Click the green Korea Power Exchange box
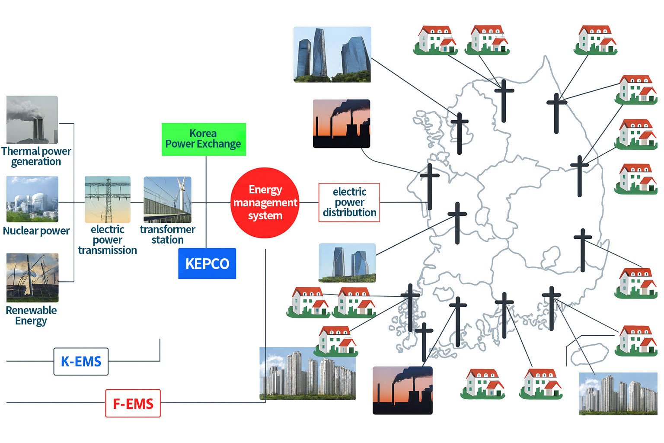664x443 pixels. pyautogui.click(x=204, y=139)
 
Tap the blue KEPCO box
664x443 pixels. pyautogui.click(x=207, y=263)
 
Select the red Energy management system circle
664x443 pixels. pyautogui.click(x=265, y=202)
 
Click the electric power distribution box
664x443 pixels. pyautogui.click(x=349, y=202)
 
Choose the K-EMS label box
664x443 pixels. pyautogui.click(x=81, y=361)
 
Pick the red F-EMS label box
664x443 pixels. pyautogui.click(x=133, y=403)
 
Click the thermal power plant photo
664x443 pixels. pyautogui.click(x=32, y=120)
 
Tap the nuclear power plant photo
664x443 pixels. pyautogui.click(x=32, y=199)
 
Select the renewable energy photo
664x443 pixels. pyautogui.click(x=32, y=278)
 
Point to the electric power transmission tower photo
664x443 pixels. pyautogui.click(x=107, y=199)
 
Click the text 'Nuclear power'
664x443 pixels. pyautogui.click(x=36, y=231)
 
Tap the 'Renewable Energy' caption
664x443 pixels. pyautogui.click(x=31, y=315)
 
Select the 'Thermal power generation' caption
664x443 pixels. pyautogui.click(x=36, y=156)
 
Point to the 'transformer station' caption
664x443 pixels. pyautogui.click(x=167, y=234)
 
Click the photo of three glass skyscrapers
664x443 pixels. pyautogui.click(x=332, y=55)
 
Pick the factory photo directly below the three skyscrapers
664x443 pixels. pyautogui.click(x=341, y=124)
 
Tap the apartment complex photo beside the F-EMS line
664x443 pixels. pyautogui.click(x=307, y=373)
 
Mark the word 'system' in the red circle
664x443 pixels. pyautogui.click(x=265, y=215)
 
